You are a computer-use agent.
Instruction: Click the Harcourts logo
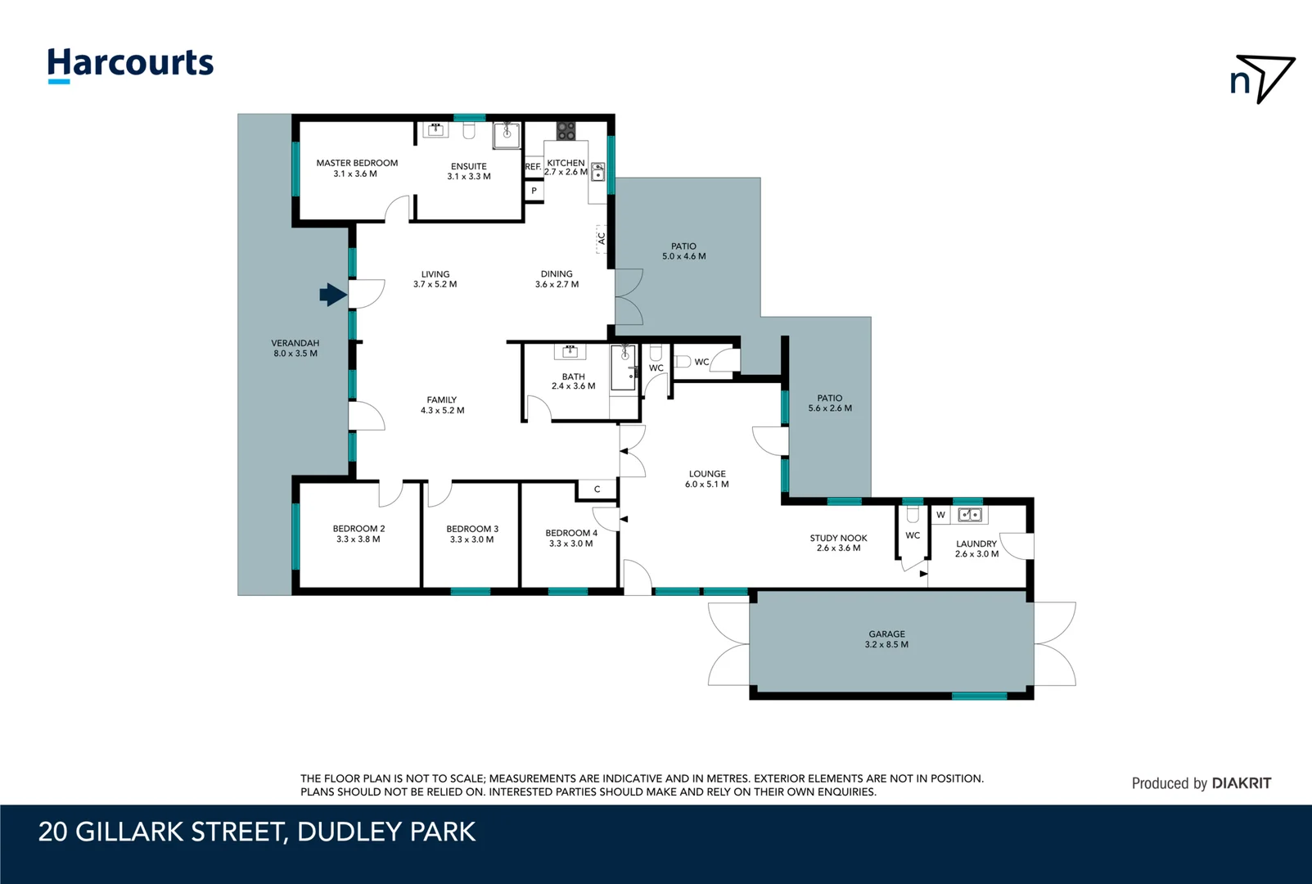pos(130,64)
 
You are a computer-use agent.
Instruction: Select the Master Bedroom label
pos(357,168)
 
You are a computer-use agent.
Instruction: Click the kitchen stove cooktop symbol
pos(566,130)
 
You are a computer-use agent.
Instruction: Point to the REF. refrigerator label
pos(533,167)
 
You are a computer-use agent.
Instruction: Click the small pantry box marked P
pos(534,191)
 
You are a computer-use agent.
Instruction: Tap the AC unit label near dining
pos(601,238)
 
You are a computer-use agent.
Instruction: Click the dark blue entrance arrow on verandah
pos(332,295)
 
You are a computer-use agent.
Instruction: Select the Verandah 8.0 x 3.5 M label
pos(295,348)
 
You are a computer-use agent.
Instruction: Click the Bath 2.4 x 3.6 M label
pos(573,381)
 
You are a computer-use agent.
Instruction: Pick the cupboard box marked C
pos(597,489)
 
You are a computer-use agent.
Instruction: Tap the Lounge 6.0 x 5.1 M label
pos(707,479)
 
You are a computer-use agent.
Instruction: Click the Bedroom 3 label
pos(472,534)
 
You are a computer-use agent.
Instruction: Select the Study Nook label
pos(838,543)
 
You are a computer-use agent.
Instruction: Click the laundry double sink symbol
pos(970,515)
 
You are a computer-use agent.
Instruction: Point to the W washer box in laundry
pos(940,515)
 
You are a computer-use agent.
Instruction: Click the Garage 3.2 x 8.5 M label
pos(886,639)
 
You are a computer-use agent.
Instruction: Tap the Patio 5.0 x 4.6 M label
pos(683,251)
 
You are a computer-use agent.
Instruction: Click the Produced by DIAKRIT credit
pos(1201,783)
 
